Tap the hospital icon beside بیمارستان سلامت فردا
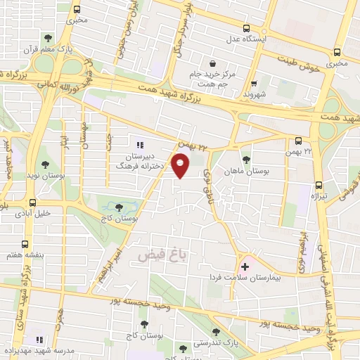[x=245, y=266]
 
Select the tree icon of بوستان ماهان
[x=245, y=159]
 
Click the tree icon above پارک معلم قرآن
[x=48, y=38]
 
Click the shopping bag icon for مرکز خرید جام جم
[x=212, y=64]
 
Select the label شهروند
[x=253, y=93]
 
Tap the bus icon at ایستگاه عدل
[x=245, y=28]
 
